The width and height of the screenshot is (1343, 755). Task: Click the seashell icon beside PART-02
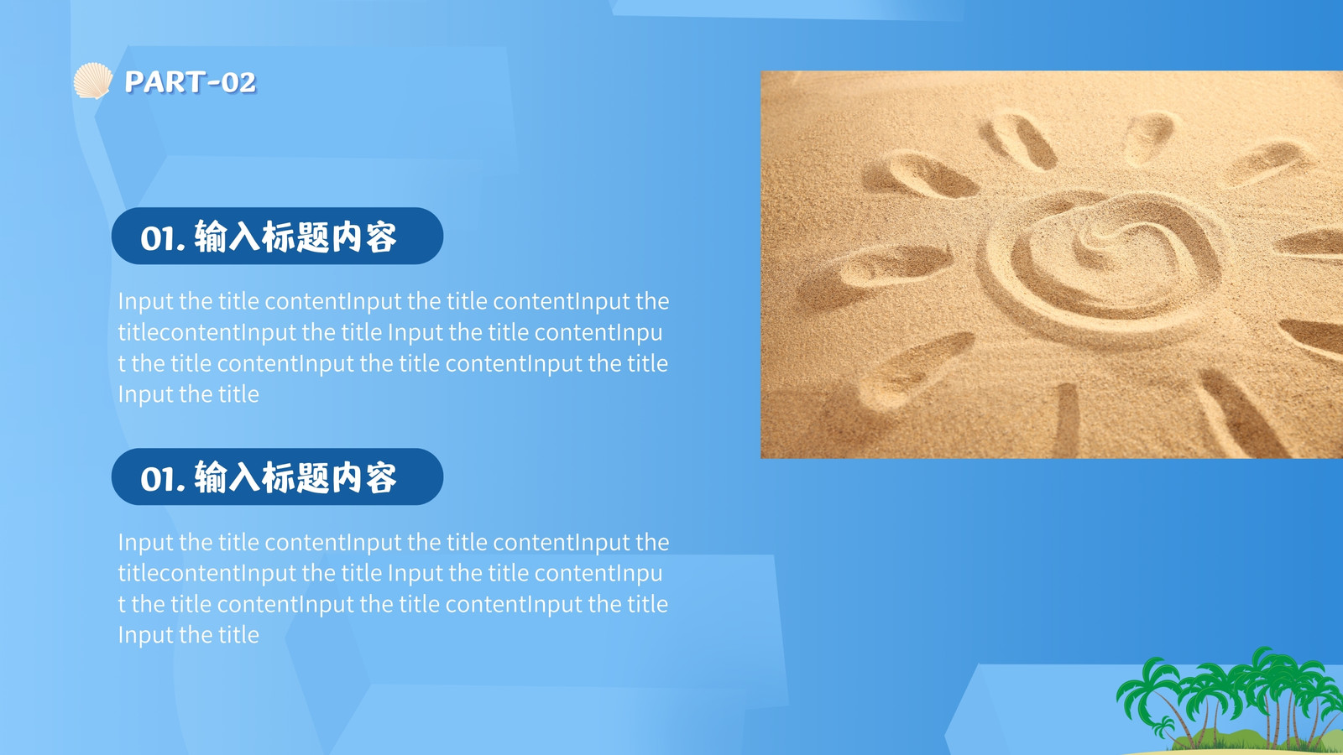pyautogui.click(x=92, y=81)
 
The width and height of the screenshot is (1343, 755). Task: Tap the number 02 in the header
pyautogui.click(x=238, y=83)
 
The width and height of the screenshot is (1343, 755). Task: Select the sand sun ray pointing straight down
pyautogui.click(x=1067, y=419)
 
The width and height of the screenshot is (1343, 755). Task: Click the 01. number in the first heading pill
pyautogui.click(x=163, y=238)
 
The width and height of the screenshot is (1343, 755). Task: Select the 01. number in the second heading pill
pyautogui.click(x=163, y=479)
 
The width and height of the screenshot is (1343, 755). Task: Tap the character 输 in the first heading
pyautogui.click(x=211, y=237)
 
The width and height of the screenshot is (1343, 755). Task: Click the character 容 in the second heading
pyautogui.click(x=381, y=477)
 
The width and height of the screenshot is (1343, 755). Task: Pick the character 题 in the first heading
pyautogui.click(x=312, y=237)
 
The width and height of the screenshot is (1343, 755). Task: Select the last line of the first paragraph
pyautogui.click(x=188, y=394)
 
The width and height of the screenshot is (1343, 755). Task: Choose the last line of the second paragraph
pyautogui.click(x=188, y=634)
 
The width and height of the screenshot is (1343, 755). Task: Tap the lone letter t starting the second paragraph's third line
pyautogui.click(x=122, y=604)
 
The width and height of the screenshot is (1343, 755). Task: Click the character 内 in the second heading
pyautogui.click(x=347, y=477)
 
